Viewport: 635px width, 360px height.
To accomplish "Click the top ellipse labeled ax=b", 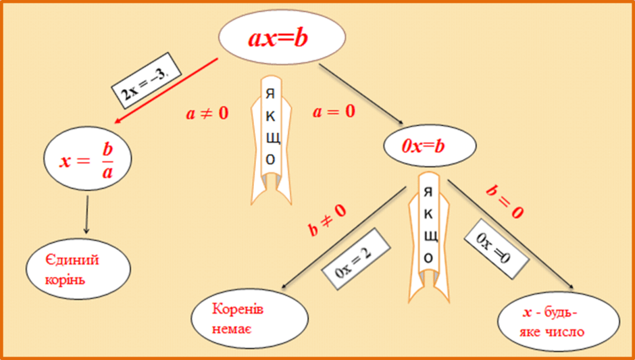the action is [282, 36].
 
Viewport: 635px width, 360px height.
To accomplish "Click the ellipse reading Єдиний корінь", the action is [78, 269].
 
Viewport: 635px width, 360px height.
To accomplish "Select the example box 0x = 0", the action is [496, 249].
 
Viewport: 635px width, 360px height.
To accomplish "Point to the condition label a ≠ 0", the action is [207, 113].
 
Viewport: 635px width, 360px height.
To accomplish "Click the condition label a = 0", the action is [334, 111].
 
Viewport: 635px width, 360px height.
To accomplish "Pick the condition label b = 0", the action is [504, 202].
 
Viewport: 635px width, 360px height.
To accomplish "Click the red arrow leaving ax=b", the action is [166, 91].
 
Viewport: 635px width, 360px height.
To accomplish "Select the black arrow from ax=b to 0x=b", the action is [361, 94].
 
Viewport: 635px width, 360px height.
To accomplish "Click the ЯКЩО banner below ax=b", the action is [270, 140].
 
